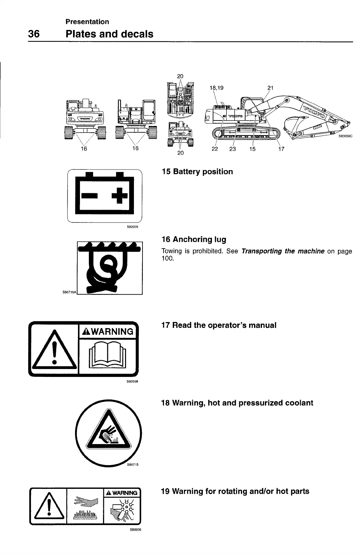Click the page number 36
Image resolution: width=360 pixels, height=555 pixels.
point(34,34)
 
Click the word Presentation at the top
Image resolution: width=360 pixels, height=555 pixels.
point(87,22)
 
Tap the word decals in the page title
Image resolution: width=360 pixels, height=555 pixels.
point(136,34)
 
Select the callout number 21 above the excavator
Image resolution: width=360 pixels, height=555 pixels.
point(270,88)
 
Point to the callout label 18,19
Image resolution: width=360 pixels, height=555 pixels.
point(216,88)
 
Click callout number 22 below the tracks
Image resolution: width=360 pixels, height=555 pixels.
point(215,149)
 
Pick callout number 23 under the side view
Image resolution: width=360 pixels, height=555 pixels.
point(232,149)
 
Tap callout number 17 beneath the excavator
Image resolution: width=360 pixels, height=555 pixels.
point(281,149)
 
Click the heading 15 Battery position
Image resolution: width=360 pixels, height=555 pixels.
point(197,172)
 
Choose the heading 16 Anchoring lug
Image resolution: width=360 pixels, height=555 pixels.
point(194,239)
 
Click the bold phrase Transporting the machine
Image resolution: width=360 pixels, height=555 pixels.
point(283,251)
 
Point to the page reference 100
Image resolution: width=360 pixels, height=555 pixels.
point(167,258)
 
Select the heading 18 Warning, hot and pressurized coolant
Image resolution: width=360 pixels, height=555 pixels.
point(237,403)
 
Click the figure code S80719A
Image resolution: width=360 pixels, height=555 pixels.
point(69,292)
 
